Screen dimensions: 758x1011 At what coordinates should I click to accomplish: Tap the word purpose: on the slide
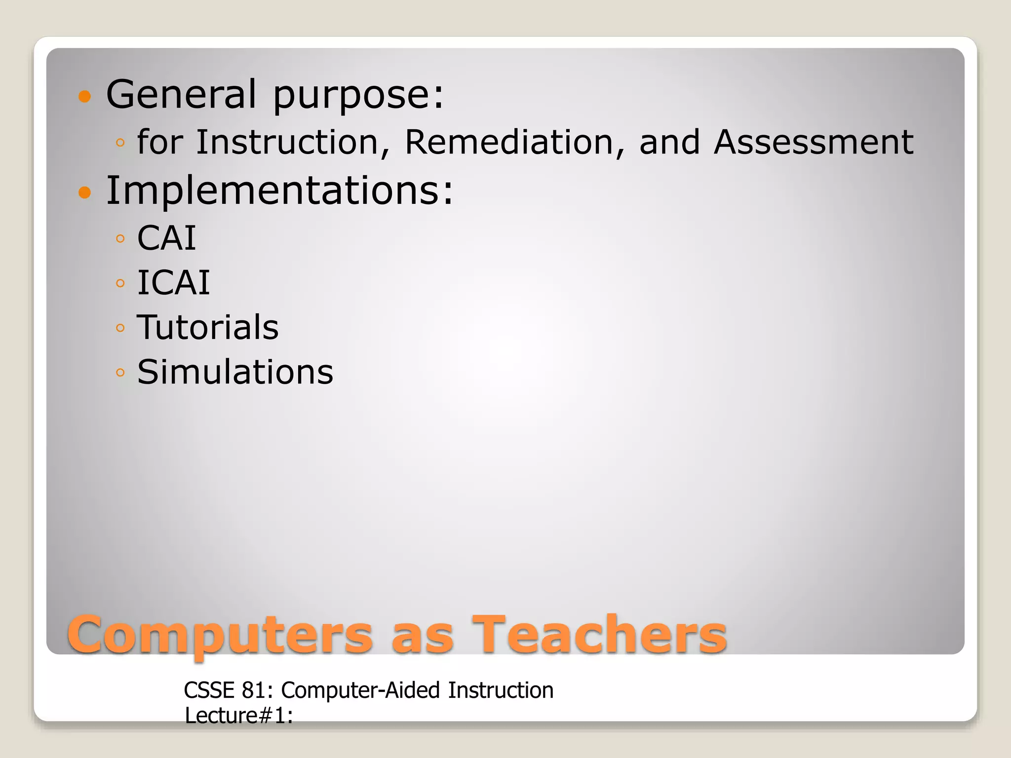[x=358, y=95]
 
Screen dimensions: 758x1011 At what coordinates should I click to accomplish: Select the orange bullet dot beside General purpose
[x=85, y=96]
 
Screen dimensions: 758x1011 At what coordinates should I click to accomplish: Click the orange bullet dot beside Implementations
[x=85, y=192]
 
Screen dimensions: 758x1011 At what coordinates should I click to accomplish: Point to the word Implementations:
[x=279, y=190]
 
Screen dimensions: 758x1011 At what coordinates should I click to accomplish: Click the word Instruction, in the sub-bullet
[x=294, y=142]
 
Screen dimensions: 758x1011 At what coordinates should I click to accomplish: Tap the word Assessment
[x=814, y=142]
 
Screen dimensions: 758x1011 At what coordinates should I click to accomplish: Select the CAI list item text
[x=166, y=238]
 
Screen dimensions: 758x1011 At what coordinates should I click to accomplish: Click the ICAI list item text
[x=173, y=283]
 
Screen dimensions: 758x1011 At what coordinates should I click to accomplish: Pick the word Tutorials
[x=208, y=327]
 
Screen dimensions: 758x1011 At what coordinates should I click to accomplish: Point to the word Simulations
[x=235, y=372]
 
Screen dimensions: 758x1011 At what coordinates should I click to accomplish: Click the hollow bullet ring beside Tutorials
[x=120, y=328]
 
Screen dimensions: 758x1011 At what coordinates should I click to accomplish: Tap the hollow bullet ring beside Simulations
[x=120, y=372]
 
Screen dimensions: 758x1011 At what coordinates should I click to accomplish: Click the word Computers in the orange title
[x=220, y=635]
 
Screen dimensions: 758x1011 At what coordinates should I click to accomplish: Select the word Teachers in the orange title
[x=599, y=635]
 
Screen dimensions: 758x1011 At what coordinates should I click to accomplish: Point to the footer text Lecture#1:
[x=239, y=716]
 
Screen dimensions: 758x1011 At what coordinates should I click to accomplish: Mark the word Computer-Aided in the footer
[x=360, y=690]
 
